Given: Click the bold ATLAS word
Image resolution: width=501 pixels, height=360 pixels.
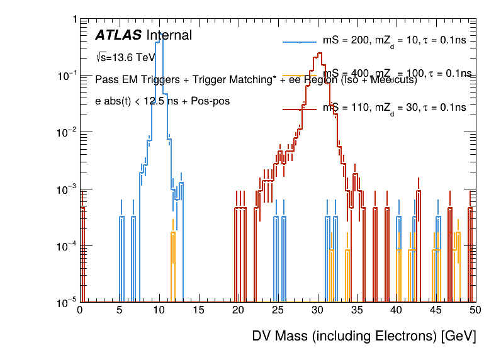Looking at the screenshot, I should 118,36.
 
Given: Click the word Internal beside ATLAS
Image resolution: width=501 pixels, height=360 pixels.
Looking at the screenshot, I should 169,36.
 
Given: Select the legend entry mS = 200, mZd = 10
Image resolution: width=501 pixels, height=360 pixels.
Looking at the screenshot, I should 394,41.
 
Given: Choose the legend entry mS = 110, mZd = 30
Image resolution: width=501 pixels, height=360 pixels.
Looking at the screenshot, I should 394,108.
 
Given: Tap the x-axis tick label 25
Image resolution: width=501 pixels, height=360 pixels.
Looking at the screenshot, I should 278,310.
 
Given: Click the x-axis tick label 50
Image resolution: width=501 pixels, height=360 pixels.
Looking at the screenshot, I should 475,310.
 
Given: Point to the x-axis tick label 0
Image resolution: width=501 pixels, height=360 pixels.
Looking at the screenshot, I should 80,310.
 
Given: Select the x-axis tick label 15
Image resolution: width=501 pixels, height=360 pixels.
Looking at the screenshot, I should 198,310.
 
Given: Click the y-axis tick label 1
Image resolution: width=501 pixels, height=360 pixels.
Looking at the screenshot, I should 74,20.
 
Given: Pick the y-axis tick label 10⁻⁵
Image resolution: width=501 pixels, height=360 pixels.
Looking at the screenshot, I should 66,302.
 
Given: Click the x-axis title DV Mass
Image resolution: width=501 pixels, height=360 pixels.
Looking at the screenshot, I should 364,337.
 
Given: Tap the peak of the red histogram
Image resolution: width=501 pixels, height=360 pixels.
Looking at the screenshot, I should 320,53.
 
